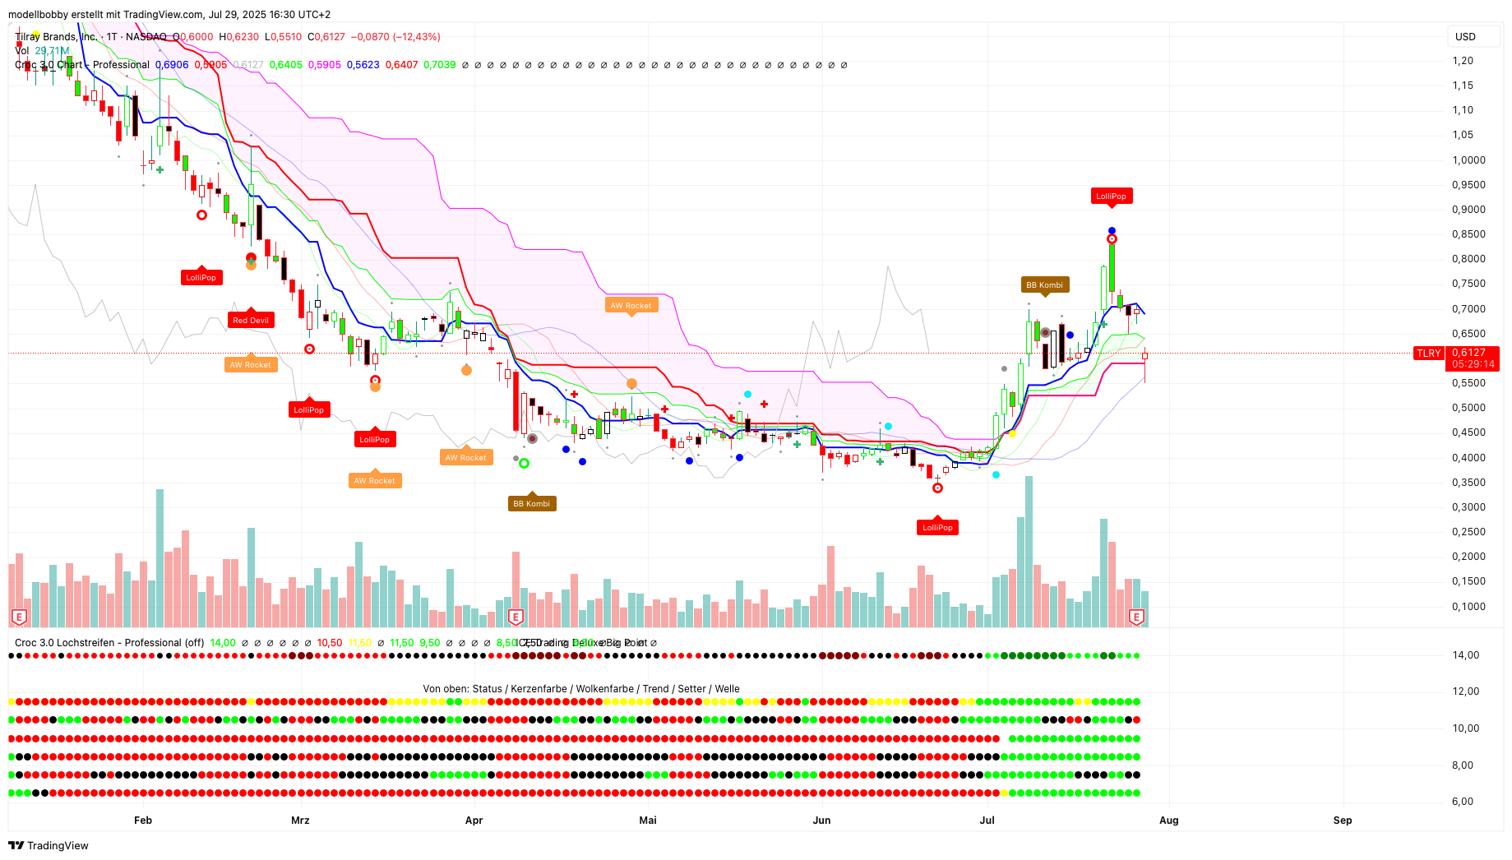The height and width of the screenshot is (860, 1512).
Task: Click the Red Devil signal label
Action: pyautogui.click(x=251, y=321)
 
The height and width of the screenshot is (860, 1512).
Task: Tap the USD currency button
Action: pyautogui.click(x=1465, y=37)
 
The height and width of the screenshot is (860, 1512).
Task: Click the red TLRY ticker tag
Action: pyautogui.click(x=1428, y=354)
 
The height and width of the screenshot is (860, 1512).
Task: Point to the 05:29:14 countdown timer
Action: pyautogui.click(x=1472, y=364)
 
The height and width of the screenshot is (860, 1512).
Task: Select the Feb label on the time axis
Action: pyautogui.click(x=143, y=821)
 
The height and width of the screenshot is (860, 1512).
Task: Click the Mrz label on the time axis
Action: pyautogui.click(x=300, y=821)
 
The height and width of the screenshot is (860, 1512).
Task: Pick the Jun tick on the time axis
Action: pyautogui.click(x=821, y=821)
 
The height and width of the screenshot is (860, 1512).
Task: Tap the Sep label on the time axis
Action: pyautogui.click(x=1342, y=821)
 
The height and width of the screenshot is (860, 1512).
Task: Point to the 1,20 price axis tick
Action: pyautogui.click(x=1463, y=61)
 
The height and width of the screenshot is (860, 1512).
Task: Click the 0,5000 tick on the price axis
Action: pyautogui.click(x=1468, y=408)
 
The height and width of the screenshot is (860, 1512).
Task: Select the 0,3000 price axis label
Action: pyautogui.click(x=1468, y=507)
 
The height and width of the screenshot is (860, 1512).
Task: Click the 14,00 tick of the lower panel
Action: pyautogui.click(x=1465, y=655)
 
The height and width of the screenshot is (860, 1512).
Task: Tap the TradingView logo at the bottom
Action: pyautogui.click(x=49, y=845)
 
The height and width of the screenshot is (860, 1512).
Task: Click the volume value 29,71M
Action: pyautogui.click(x=52, y=51)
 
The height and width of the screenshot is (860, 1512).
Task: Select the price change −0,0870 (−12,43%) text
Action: pyautogui.click(x=395, y=37)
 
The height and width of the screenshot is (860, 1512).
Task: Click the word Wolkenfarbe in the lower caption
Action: pyautogui.click(x=604, y=689)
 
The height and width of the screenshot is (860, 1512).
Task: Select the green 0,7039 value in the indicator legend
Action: pyautogui.click(x=439, y=65)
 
